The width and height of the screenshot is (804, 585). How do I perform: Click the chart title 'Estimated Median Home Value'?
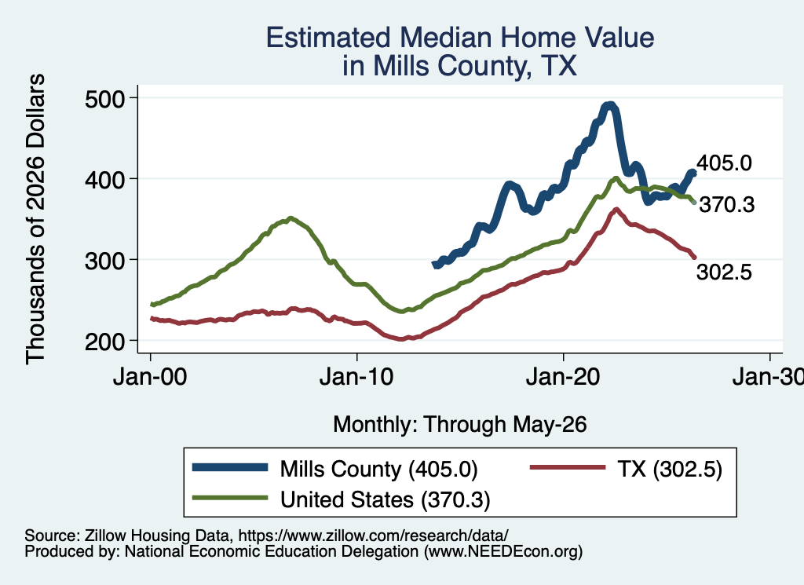pos(460,38)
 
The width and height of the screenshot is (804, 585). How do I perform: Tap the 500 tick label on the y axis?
pos(104,99)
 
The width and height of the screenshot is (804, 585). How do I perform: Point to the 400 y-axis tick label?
pos(104,180)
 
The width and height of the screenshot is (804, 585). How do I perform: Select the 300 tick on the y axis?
pos(104,261)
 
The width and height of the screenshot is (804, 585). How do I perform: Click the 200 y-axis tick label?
pos(104,342)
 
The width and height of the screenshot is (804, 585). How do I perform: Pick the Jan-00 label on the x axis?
pos(150,377)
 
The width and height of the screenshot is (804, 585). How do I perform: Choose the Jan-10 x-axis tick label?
pos(356,377)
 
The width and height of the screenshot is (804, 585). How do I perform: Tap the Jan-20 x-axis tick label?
pos(563,377)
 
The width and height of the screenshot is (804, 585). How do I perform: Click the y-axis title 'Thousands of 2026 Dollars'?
pos(35,219)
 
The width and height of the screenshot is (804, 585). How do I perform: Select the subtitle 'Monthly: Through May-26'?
pos(460,425)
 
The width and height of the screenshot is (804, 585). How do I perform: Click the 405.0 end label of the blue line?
pos(724,163)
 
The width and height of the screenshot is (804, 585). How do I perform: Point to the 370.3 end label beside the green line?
pos(727,205)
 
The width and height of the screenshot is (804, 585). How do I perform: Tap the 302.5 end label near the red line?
pos(724,272)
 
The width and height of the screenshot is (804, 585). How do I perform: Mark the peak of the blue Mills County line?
pos(609,106)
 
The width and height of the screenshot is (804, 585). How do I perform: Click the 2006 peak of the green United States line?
pos(291,218)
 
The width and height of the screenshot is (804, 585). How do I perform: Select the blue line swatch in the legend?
pos(230,467)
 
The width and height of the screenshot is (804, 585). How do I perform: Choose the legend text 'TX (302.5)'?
pos(670,469)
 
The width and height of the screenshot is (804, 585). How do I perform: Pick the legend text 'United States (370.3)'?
pos(385,499)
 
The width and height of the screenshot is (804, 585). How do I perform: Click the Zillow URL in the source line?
pos(373,536)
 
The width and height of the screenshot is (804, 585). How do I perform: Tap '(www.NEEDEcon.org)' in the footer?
pos(503,552)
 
